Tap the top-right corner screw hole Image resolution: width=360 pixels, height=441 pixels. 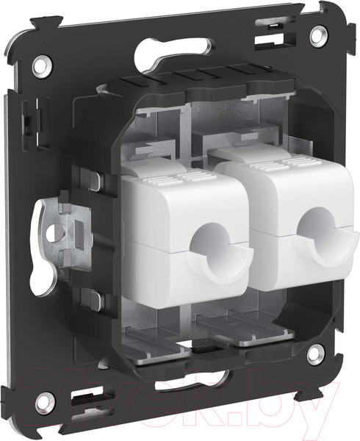pos(317,34)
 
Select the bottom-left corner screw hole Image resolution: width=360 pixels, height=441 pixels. pos(43,401)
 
